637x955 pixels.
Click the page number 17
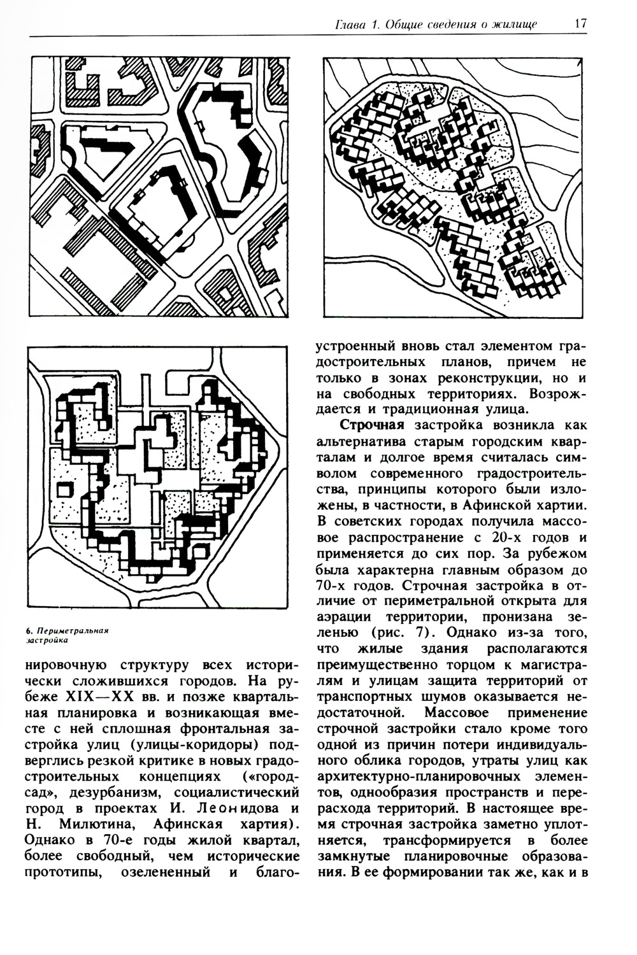[580, 24]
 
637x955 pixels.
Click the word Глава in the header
[349, 24]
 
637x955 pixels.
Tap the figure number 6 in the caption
[29, 630]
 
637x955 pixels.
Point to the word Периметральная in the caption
[72, 630]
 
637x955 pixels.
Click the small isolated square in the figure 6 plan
[66, 490]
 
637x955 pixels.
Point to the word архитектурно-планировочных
[411, 777]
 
